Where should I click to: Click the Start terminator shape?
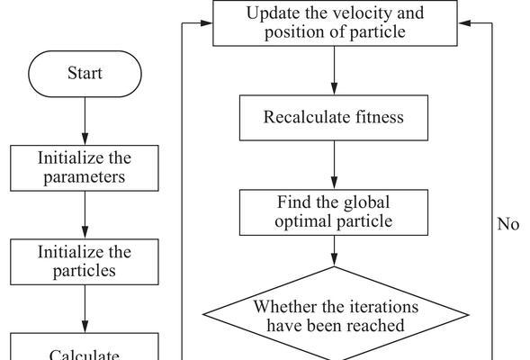tap(85, 74)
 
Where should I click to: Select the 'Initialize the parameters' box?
tap(85, 168)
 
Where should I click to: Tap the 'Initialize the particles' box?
tap(85, 262)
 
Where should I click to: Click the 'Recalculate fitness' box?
tap(334, 118)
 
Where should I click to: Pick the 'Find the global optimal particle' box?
tap(334, 212)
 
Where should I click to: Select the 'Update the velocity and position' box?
tap(335, 23)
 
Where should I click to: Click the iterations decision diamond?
tap(336, 314)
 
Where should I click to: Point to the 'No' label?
tap(508, 224)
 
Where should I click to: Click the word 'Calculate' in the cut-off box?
tap(85, 355)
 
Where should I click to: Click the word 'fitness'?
tap(380, 117)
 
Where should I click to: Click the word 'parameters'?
tap(85, 177)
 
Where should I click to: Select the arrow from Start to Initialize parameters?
tap(85, 121)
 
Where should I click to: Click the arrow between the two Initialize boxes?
tap(85, 215)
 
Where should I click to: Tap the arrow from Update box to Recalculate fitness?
tap(335, 70)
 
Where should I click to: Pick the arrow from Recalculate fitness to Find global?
tap(335, 165)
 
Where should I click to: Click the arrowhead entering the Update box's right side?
tap(464, 23)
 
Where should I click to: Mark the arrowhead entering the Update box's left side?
tap(206, 23)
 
